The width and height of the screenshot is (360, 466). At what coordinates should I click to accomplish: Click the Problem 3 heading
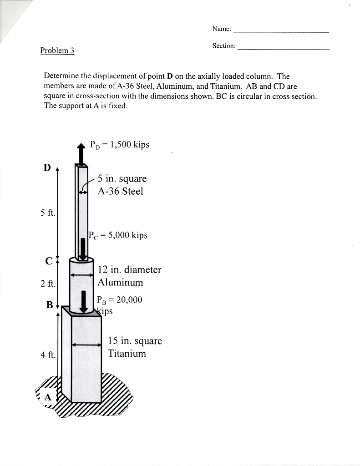pos(57,51)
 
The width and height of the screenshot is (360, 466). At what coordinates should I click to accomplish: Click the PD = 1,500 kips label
pos(120,145)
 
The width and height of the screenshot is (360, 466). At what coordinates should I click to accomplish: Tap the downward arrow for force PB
pos(84,301)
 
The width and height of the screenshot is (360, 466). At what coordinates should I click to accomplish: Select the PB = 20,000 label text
pos(120,299)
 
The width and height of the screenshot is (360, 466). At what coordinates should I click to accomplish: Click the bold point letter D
pos(47,168)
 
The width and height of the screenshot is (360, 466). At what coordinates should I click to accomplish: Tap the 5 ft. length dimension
pos(47,213)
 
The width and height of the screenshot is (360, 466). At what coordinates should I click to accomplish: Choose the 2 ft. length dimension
pos(47,284)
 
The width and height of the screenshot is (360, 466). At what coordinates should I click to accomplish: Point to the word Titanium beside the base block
pos(127,354)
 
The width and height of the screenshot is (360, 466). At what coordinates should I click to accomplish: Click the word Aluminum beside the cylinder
pos(121,283)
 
